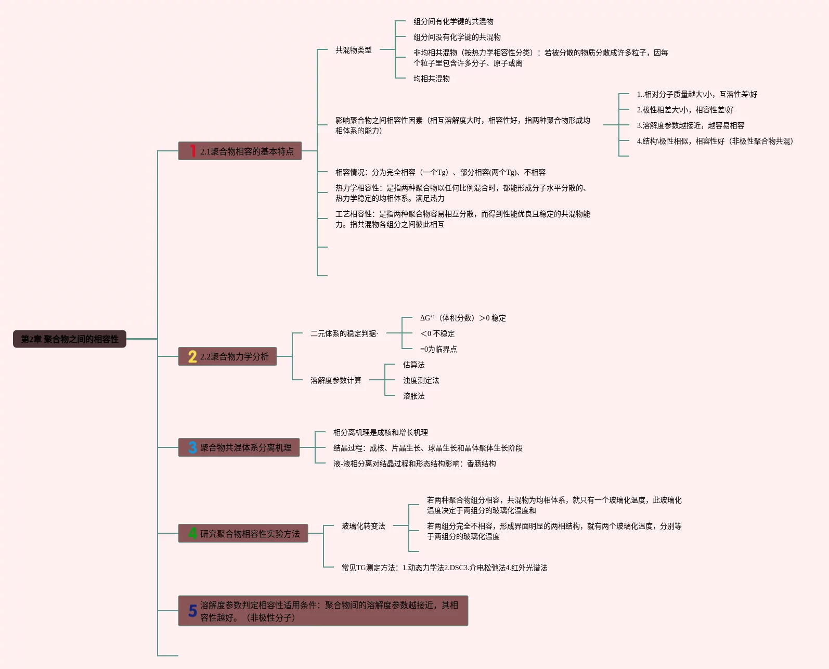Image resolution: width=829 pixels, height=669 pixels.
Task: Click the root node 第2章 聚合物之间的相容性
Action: coord(70,339)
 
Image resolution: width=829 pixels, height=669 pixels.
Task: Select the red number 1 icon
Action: coord(192,151)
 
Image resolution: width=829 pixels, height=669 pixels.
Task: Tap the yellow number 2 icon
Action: coord(192,356)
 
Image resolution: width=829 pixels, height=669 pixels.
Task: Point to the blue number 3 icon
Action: coord(192,447)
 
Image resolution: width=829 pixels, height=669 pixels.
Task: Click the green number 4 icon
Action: coord(192,533)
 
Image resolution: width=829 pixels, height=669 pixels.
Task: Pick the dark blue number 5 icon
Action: coord(192,611)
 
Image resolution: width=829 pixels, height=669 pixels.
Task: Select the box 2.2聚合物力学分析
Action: coord(227,356)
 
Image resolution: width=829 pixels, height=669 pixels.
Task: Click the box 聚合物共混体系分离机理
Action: coord(239,447)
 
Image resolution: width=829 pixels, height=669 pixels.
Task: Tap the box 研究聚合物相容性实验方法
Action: coord(243,533)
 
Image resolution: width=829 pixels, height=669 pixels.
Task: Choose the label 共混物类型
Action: coord(354,50)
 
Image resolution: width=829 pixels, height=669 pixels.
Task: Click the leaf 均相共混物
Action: coord(432,79)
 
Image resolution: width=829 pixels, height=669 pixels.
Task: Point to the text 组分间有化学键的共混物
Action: coord(454,21)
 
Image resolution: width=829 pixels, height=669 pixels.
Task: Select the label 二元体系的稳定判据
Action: coord(344,333)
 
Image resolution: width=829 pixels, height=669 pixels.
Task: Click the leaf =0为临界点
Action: coord(438,349)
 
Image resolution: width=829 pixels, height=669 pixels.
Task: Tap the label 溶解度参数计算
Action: coord(336,380)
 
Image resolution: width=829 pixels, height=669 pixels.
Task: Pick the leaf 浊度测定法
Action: coord(421,380)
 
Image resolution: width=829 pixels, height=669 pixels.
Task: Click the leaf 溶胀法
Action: coord(414,396)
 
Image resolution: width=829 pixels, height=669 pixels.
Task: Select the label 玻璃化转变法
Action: coord(363,526)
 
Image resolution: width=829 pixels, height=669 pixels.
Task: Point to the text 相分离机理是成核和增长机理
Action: coord(381,432)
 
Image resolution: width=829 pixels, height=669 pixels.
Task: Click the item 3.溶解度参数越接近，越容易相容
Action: coord(690,125)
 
